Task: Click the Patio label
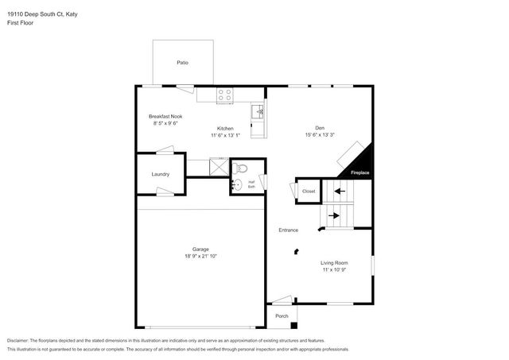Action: click(x=183, y=62)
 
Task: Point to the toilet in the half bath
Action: click(x=243, y=168)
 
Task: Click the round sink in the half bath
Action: click(x=235, y=185)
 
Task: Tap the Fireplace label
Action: click(x=360, y=172)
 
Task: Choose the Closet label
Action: click(x=309, y=191)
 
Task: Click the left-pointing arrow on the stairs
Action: click(x=340, y=191)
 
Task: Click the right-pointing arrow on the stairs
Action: click(x=335, y=215)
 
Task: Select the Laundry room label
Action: click(x=160, y=175)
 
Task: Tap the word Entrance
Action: click(x=288, y=230)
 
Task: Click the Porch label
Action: click(x=282, y=315)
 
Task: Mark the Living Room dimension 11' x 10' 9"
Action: click(x=334, y=271)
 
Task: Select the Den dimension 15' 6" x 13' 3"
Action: click(x=320, y=135)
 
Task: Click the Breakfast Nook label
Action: click(x=165, y=116)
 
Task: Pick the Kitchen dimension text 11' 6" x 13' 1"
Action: click(x=227, y=135)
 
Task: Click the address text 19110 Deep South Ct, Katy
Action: click(x=43, y=14)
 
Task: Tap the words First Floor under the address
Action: click(x=21, y=23)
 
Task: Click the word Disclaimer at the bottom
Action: click(x=21, y=339)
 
